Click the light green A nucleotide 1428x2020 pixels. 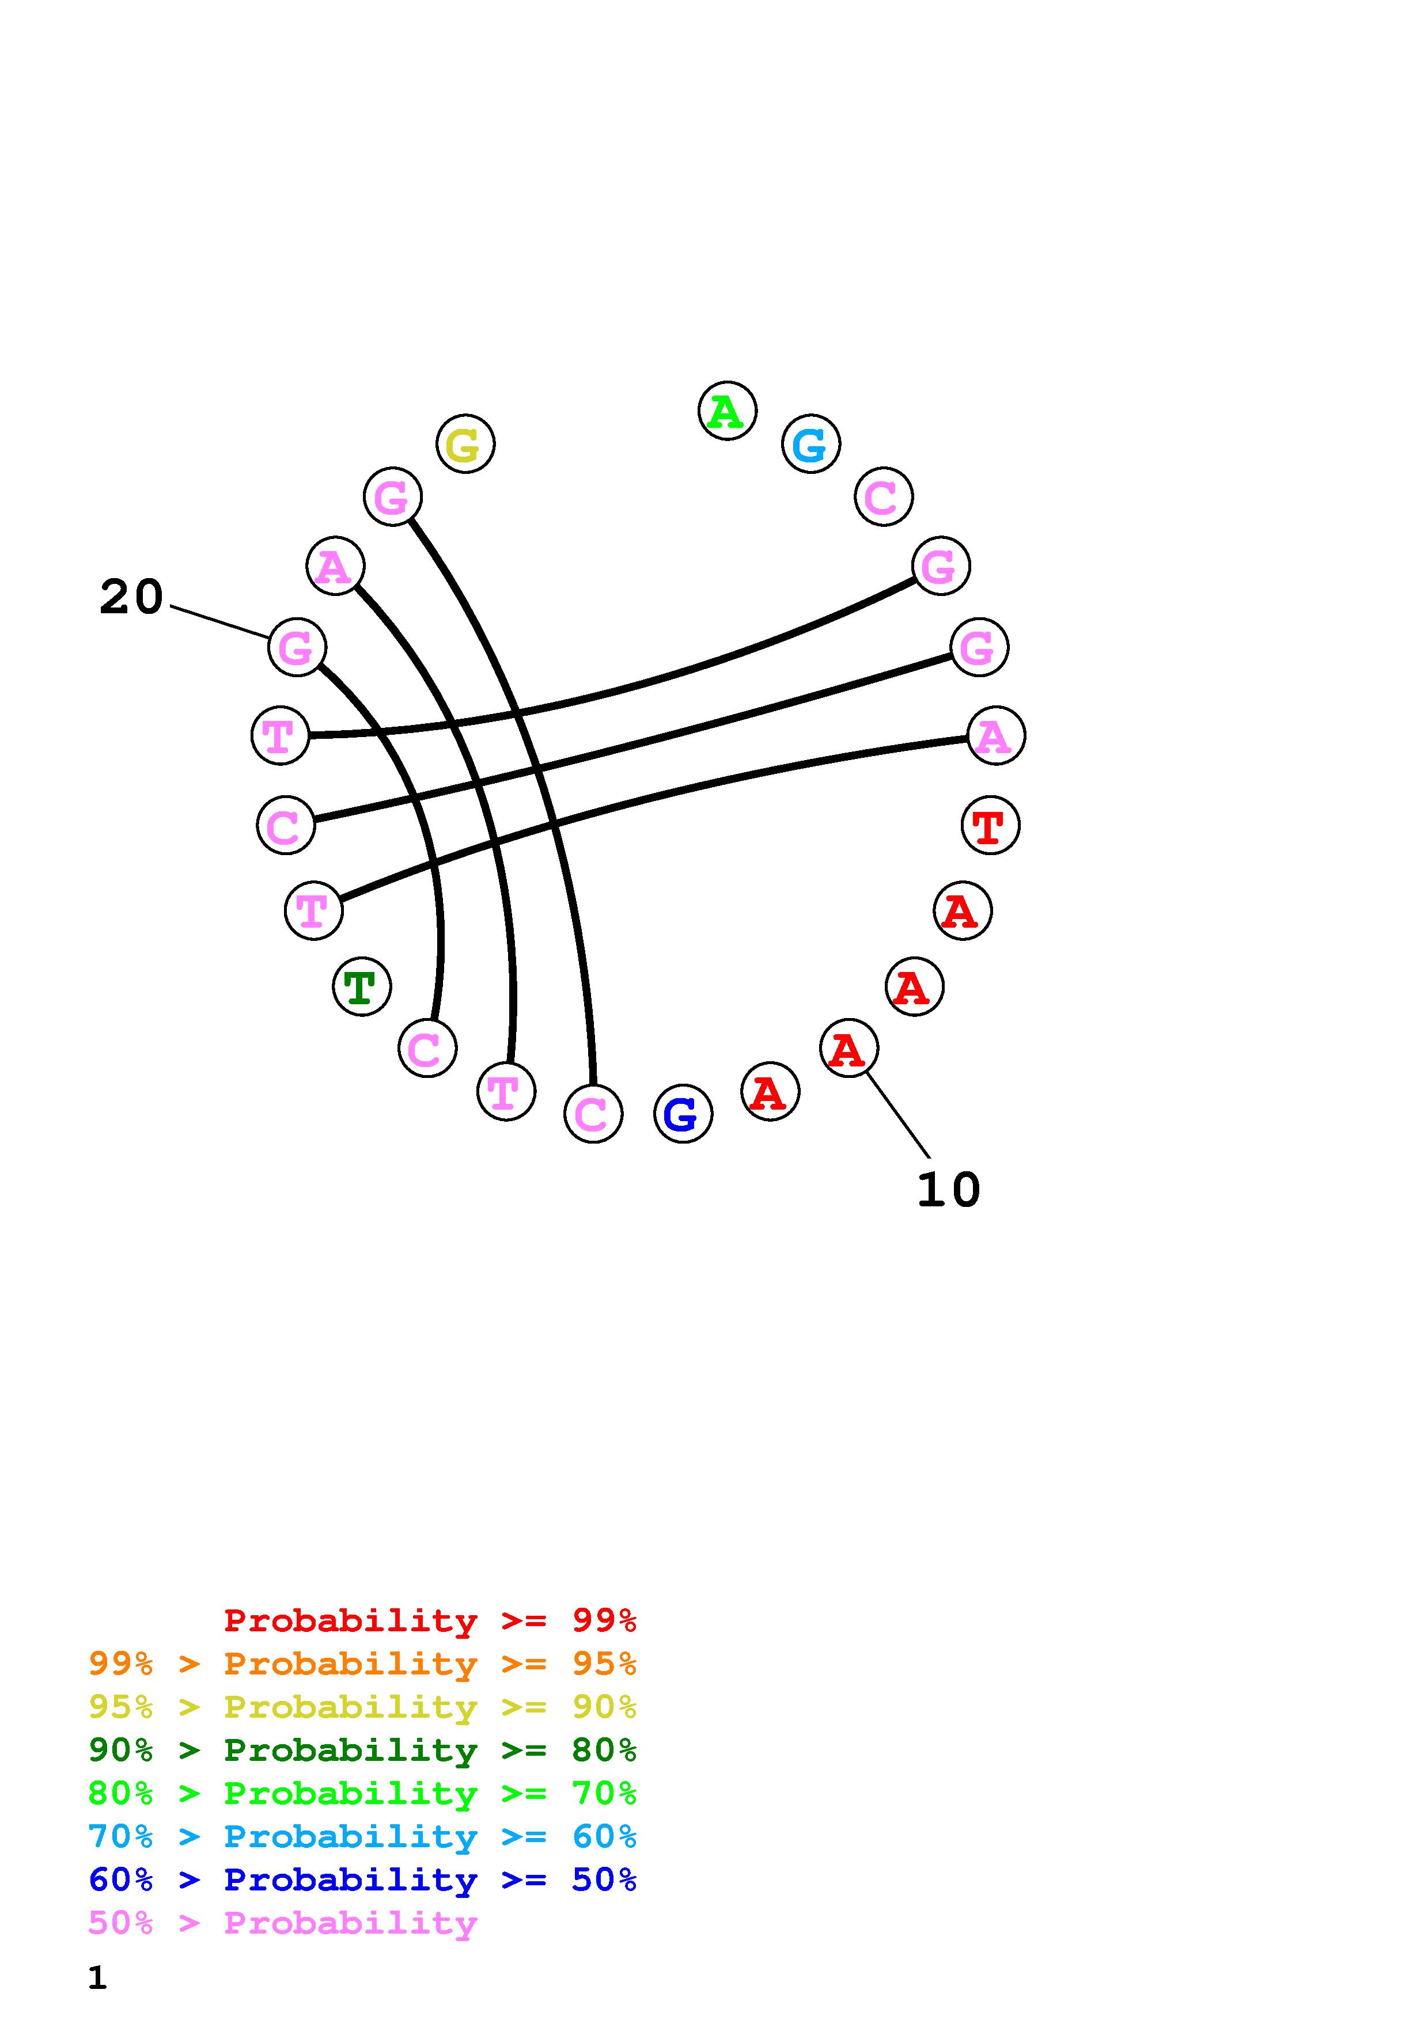click(x=727, y=411)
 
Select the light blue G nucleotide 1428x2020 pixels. click(x=810, y=445)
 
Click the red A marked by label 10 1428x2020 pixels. click(x=848, y=1049)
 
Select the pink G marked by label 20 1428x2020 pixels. click(x=297, y=648)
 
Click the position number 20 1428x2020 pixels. click(x=131, y=597)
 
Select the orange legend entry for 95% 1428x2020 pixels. click(x=362, y=1664)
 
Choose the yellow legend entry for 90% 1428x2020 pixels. click(x=362, y=1707)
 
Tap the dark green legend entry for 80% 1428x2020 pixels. click(x=362, y=1750)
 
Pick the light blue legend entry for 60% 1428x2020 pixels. click(x=362, y=1836)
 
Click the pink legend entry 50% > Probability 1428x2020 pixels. click(x=282, y=1922)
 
